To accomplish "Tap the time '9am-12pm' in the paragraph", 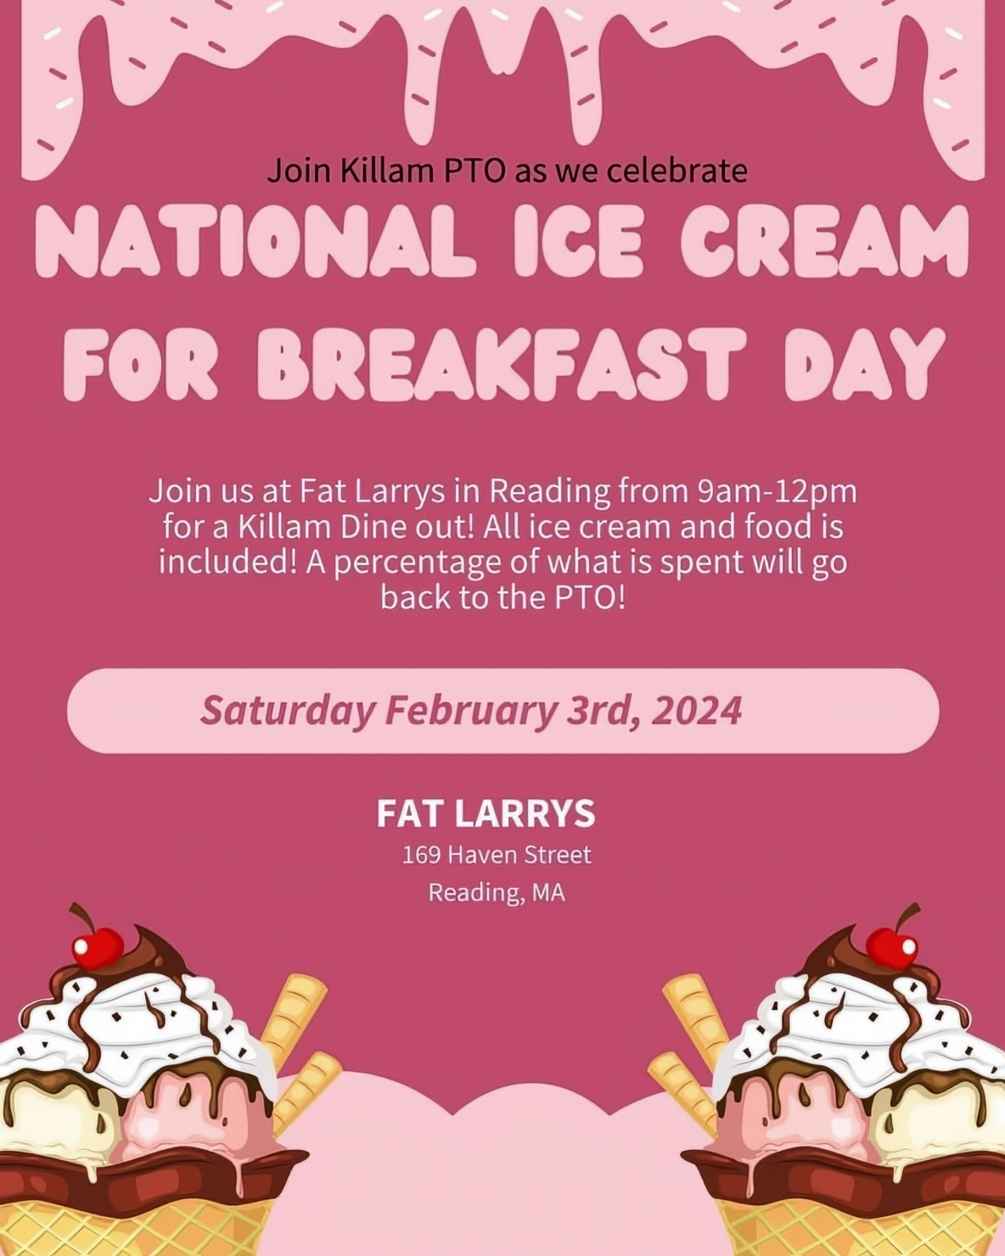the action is [777, 491].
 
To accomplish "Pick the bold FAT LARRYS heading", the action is [486, 813].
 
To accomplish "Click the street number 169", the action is [420, 855].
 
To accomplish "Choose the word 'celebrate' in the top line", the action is [678, 171].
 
